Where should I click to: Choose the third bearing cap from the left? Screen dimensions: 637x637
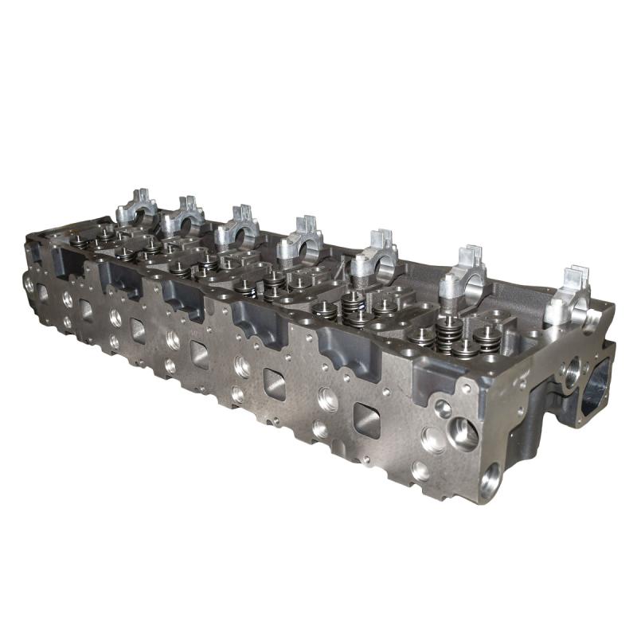pos(236,226)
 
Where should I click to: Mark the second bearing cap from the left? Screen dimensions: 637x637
pos(184,217)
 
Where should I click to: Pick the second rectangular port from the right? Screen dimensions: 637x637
pos(276,385)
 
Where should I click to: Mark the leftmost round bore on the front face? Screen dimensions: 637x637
pos(29,282)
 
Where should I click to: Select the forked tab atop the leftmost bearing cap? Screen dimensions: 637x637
pos(139,195)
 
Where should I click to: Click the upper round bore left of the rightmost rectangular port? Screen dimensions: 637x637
pos(326,397)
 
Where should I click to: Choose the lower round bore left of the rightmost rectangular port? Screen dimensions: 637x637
pos(320,429)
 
